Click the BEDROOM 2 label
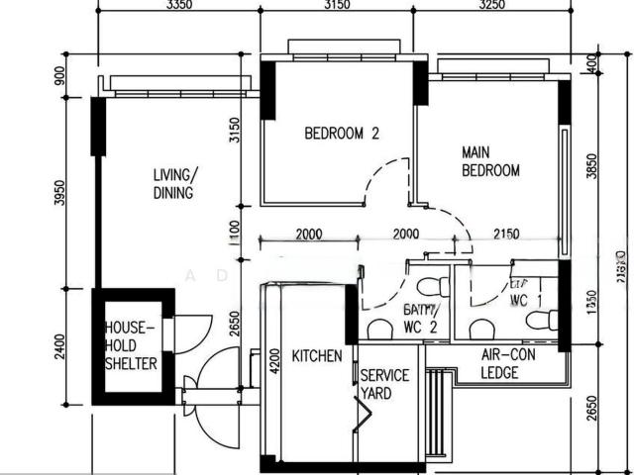(341, 134)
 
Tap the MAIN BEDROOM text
(490, 162)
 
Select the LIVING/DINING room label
(173, 184)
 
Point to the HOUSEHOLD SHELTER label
(131, 345)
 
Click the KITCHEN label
(317, 355)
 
